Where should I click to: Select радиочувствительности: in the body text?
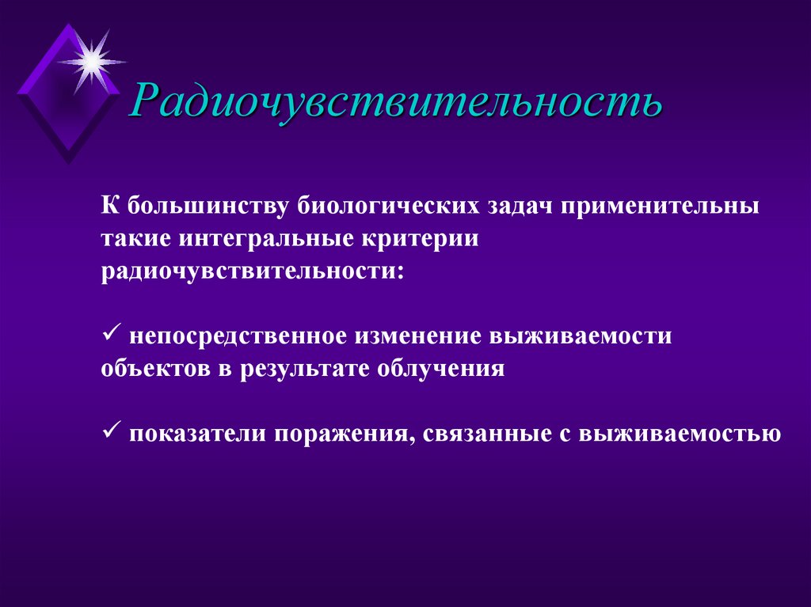pyautogui.click(x=252, y=271)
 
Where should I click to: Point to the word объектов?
pyautogui.click(x=154, y=370)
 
